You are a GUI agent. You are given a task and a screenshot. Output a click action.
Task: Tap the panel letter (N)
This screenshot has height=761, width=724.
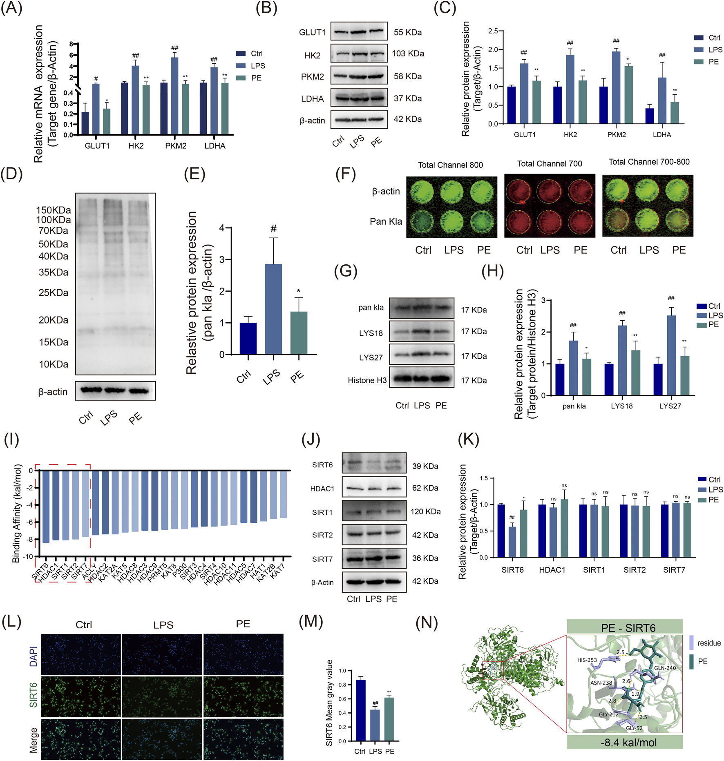point(427,623)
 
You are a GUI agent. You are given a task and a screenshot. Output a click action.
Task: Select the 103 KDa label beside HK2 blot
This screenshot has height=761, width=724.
point(408,54)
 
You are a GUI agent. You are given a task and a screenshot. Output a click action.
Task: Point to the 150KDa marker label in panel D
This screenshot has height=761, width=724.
point(53,210)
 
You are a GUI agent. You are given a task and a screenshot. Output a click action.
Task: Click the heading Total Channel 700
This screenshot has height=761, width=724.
point(550,164)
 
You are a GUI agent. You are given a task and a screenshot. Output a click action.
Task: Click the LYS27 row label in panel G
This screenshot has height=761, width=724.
point(371,357)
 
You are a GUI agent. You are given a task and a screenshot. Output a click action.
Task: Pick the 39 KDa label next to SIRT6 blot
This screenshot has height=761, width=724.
point(425,466)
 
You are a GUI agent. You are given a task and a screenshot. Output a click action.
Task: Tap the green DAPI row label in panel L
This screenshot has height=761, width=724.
point(34,656)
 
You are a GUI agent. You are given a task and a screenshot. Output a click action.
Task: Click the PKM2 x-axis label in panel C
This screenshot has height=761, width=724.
point(616,135)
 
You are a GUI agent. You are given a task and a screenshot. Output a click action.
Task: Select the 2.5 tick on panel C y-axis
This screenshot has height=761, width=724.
point(493,31)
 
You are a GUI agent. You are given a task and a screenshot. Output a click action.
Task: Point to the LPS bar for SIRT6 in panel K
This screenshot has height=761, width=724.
point(512,542)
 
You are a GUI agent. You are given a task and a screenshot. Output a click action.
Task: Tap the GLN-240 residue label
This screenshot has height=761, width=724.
point(665,668)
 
